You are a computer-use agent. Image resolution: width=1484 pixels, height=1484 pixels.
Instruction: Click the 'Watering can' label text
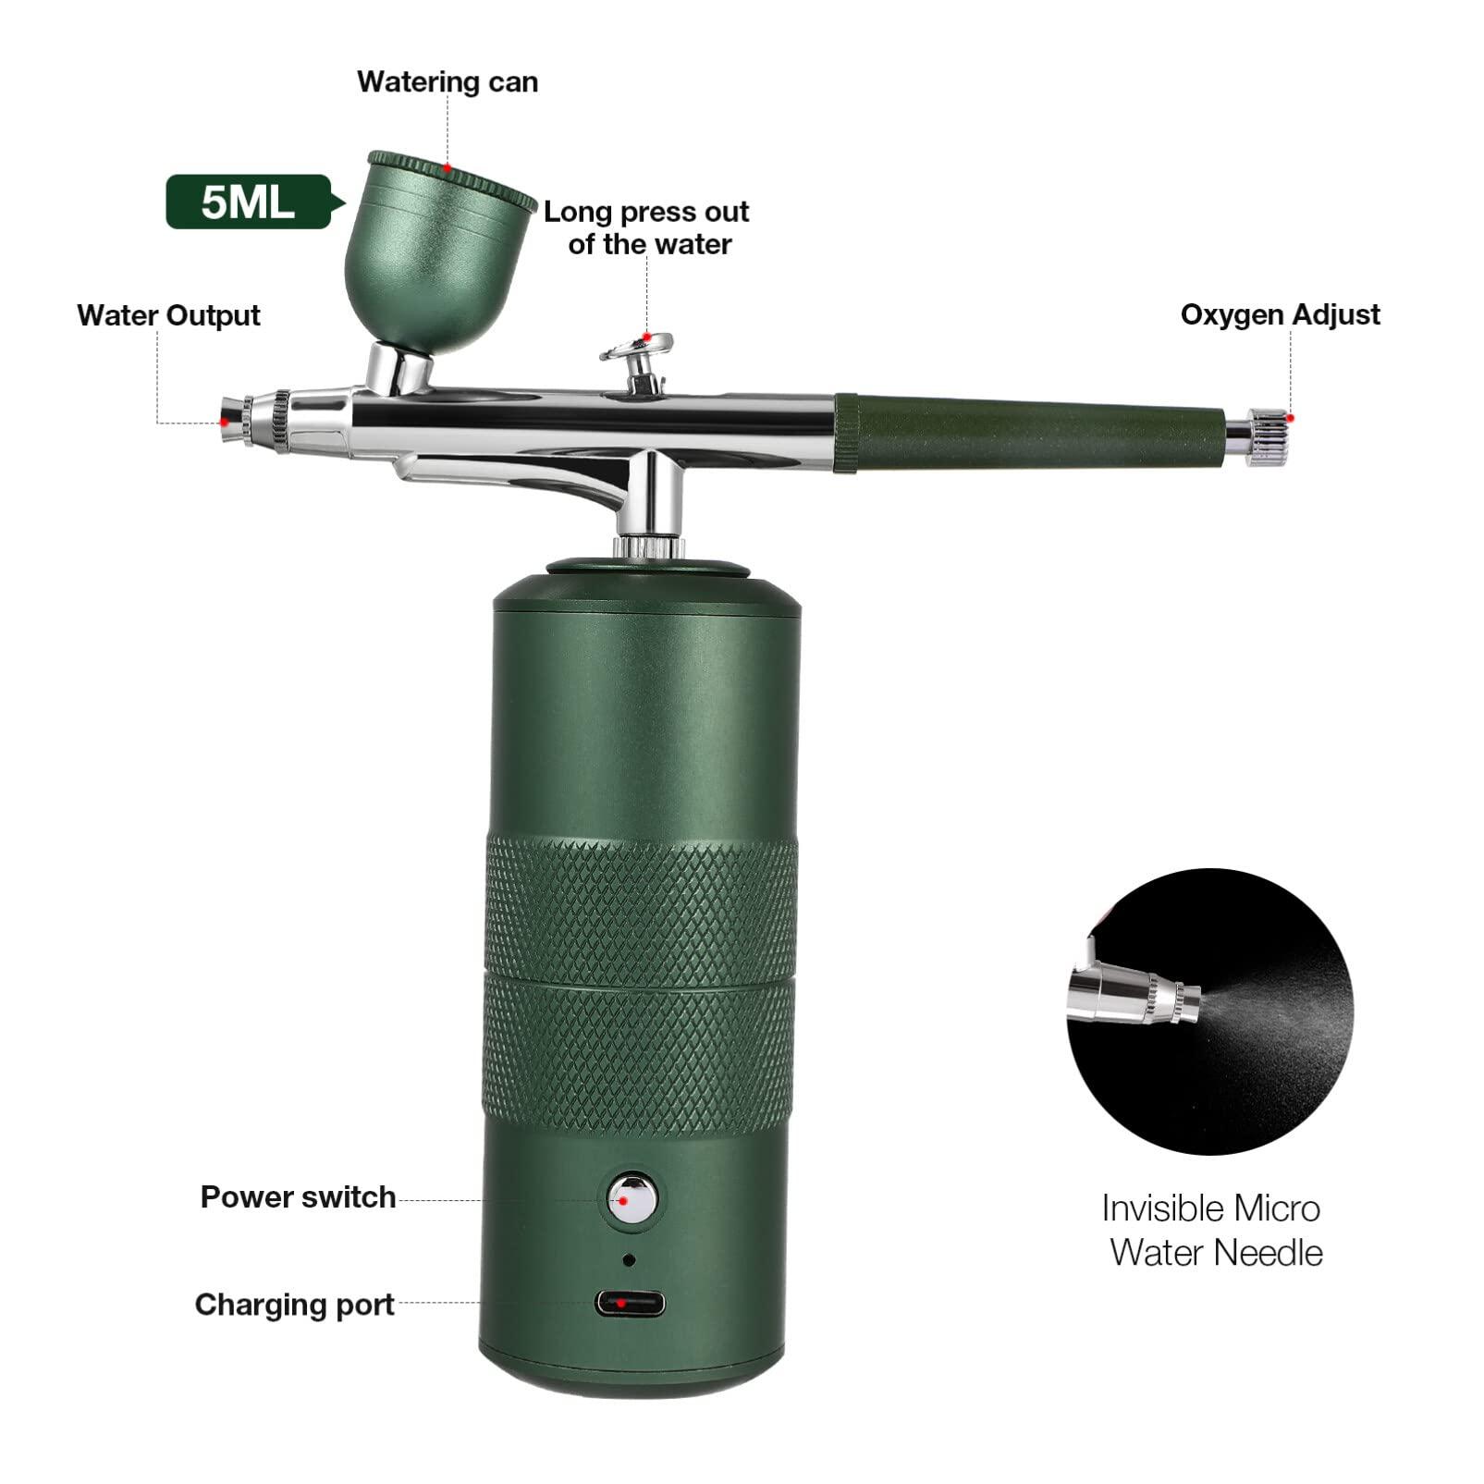point(448,82)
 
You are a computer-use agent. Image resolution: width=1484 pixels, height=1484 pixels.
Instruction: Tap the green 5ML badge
point(247,202)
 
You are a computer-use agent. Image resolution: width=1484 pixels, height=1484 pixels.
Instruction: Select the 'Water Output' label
point(168,315)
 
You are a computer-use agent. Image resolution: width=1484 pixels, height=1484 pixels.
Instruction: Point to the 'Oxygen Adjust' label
point(1280,315)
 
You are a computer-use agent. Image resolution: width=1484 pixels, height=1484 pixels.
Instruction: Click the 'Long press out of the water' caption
point(646,227)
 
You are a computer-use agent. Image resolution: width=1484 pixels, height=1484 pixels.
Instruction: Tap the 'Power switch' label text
point(298,1197)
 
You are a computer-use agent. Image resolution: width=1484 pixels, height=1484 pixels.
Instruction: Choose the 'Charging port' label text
point(294,1305)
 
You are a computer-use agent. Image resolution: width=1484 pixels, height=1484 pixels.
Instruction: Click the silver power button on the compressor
point(631,1198)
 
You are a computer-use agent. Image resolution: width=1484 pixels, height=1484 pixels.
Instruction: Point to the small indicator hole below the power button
point(630,1259)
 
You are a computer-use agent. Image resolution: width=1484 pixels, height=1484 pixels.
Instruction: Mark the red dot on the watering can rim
point(448,168)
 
